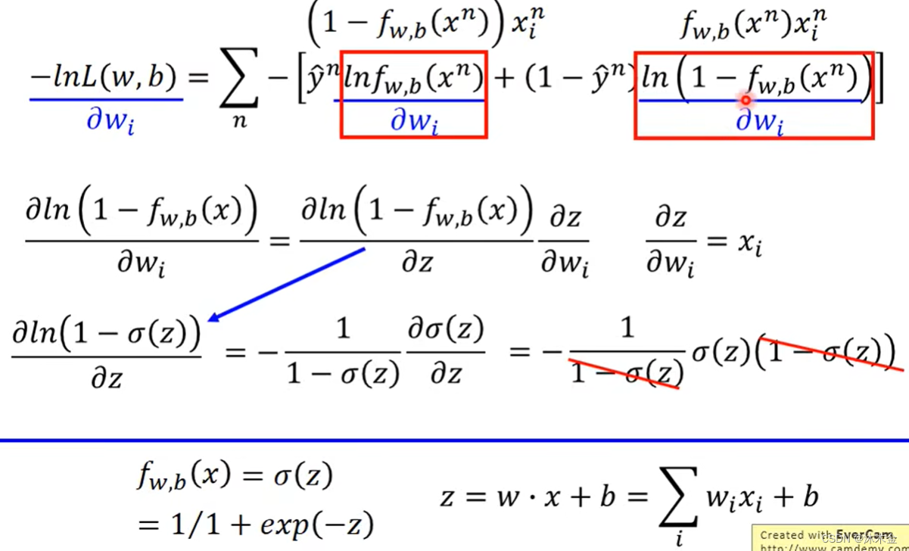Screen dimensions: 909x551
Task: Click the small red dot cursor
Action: point(746,99)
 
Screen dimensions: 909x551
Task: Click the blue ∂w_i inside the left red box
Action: point(413,121)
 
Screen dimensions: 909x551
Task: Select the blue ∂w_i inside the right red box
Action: point(759,121)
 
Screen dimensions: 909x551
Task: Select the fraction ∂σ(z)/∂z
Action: point(446,353)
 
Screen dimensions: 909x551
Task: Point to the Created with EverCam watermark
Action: point(829,537)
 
